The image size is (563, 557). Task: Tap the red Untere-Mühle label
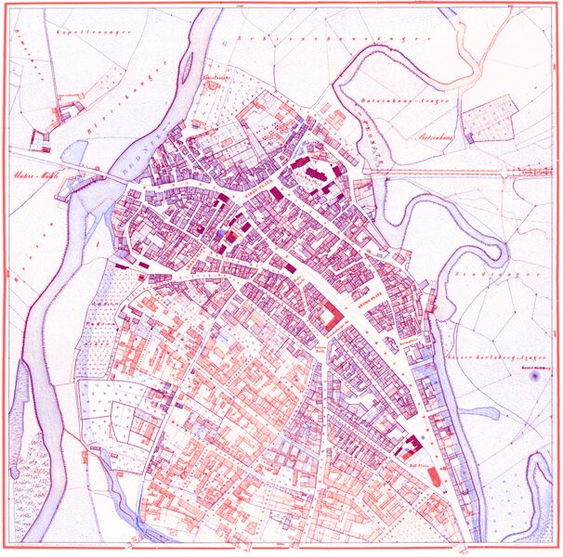(28, 175)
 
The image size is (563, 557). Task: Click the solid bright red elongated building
(434, 478)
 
